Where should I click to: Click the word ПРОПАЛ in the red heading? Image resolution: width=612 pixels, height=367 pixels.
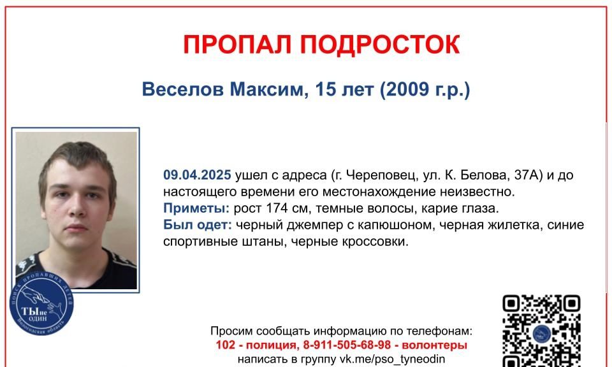click(x=237, y=44)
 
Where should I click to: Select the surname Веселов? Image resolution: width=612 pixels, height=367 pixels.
click(x=183, y=89)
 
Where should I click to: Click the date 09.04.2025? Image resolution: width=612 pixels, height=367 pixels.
click(x=197, y=175)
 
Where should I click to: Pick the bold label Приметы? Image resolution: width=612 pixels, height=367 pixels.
click(x=196, y=208)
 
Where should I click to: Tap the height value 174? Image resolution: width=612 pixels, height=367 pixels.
click(x=277, y=208)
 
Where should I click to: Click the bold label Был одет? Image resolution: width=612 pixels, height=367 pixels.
click(x=198, y=225)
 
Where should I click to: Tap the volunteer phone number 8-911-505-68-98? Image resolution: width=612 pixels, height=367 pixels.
click(x=347, y=345)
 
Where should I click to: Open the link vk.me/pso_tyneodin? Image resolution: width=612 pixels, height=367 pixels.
click(x=392, y=359)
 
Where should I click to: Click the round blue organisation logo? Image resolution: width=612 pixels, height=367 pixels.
click(x=41, y=303)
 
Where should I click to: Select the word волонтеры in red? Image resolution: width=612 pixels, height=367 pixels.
click(x=434, y=345)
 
